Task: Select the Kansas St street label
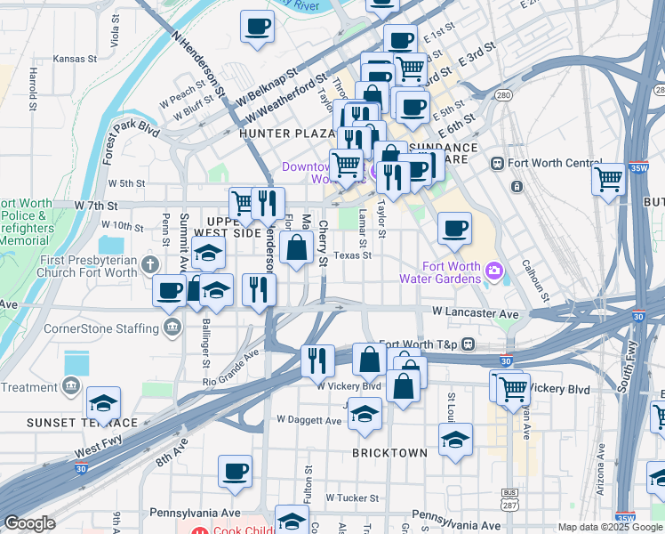pyautogui.click(x=75, y=59)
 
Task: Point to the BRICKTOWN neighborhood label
pyautogui.click(x=389, y=453)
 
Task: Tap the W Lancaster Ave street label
pyautogui.click(x=475, y=313)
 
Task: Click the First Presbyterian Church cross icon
pyautogui.click(x=150, y=264)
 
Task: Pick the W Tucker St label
pyautogui.click(x=352, y=498)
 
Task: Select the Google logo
pyautogui.click(x=29, y=523)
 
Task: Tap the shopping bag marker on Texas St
pyautogui.click(x=297, y=248)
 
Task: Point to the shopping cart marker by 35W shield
pyautogui.click(x=609, y=179)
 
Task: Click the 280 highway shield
pyautogui.click(x=503, y=95)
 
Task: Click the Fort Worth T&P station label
pyautogui.click(x=419, y=344)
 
